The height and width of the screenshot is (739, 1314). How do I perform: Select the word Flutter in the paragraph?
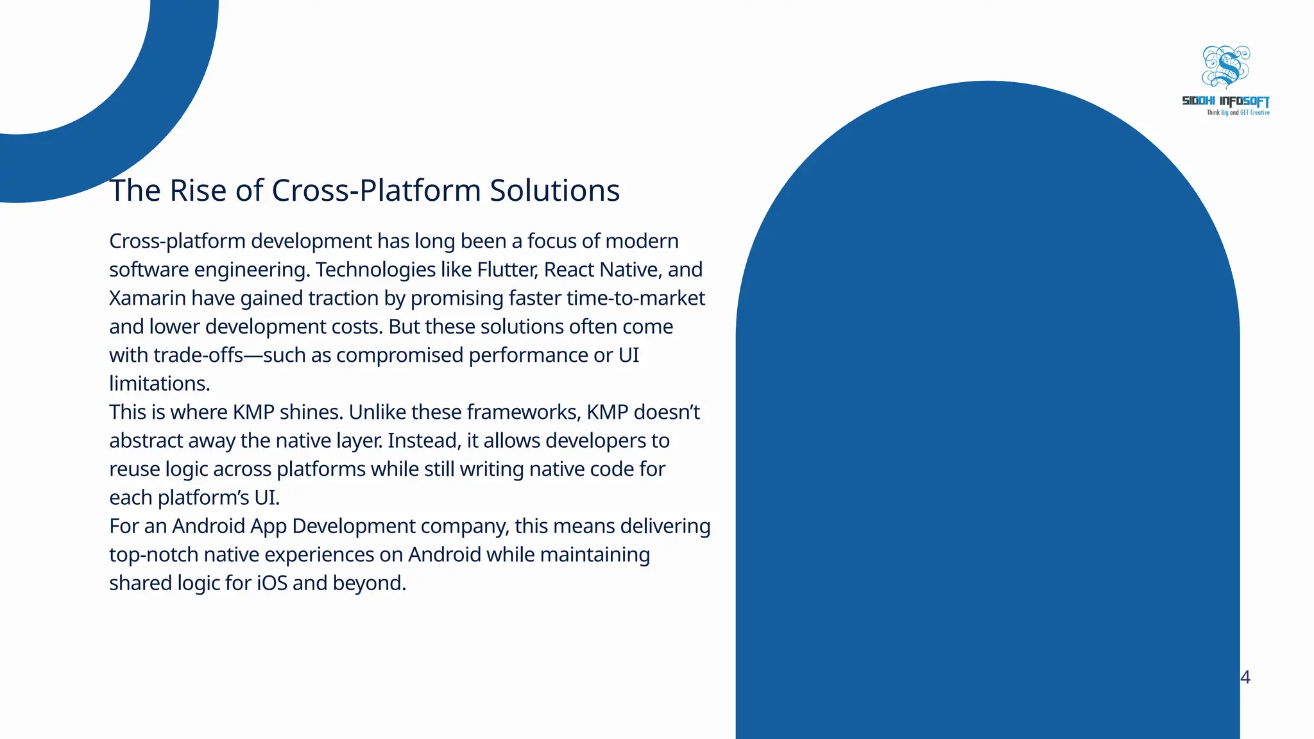pyautogui.click(x=506, y=269)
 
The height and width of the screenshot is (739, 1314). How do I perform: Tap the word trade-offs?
pyautogui.click(x=198, y=355)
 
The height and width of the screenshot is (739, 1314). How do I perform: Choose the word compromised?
pyautogui.click(x=400, y=355)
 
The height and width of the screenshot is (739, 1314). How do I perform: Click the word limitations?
pyautogui.click(x=159, y=384)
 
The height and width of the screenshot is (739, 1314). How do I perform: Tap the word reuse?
pyautogui.click(x=134, y=469)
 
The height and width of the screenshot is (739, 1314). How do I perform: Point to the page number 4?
pyautogui.click(x=1245, y=677)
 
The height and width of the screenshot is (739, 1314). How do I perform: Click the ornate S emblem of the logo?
pyautogui.click(x=1226, y=67)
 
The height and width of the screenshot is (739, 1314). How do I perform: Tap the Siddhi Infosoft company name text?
pyautogui.click(x=1225, y=101)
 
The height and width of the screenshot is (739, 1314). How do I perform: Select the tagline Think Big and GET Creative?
pyautogui.click(x=1238, y=113)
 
